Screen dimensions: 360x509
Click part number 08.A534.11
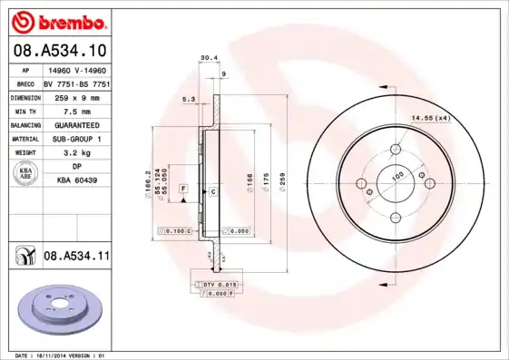[76, 257]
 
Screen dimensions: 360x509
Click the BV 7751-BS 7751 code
[76, 83]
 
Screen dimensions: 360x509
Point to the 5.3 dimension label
[189, 98]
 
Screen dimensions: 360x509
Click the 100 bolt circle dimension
[396, 175]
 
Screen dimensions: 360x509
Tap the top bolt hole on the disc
[396, 151]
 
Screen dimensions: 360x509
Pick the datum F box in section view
[184, 187]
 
